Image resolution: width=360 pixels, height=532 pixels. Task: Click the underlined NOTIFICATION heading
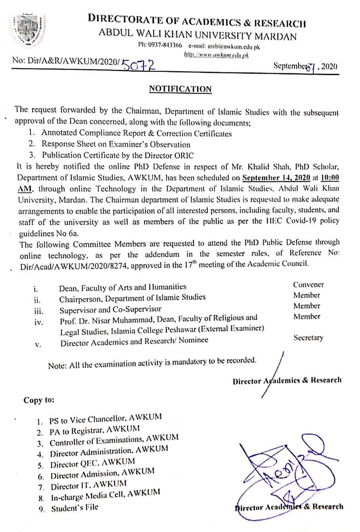[180, 89]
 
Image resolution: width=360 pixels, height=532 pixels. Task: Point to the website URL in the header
[216, 55]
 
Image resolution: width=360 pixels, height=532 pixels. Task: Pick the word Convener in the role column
[308, 285]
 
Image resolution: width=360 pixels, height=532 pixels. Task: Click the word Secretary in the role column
[308, 338]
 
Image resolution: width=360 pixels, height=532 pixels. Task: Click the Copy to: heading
[38, 400]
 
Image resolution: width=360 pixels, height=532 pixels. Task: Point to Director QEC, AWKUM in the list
[92, 463]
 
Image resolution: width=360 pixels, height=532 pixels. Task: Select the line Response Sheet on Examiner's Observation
[116, 145]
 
